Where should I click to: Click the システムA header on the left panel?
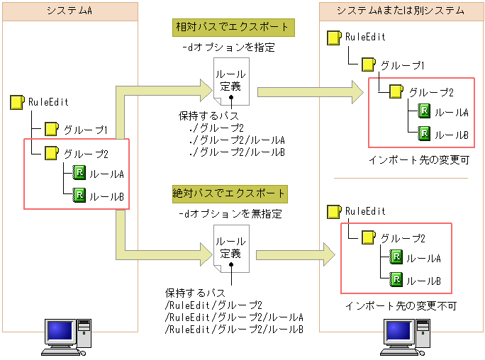click(x=69, y=11)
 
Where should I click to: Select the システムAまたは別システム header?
click(x=401, y=11)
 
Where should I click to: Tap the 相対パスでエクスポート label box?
click(x=233, y=27)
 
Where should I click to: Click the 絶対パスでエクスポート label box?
click(x=230, y=193)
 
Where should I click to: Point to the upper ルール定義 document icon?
click(x=231, y=79)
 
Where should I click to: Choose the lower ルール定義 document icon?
click(x=230, y=248)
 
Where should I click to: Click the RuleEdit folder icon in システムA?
click(x=17, y=102)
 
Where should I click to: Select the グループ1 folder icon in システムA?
click(x=51, y=129)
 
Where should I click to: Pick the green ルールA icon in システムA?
click(x=79, y=174)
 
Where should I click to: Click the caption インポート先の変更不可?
click(x=401, y=306)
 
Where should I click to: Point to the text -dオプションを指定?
click(x=228, y=48)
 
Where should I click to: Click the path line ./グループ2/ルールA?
click(x=237, y=140)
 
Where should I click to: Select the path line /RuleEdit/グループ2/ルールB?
click(x=234, y=330)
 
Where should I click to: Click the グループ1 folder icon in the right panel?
click(x=368, y=64)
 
